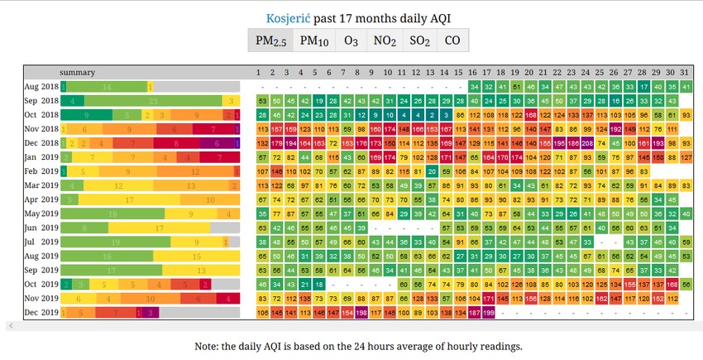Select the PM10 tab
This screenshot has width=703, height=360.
point(313,41)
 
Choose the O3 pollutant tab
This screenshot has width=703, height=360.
point(351,41)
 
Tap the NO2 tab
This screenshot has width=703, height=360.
point(385,41)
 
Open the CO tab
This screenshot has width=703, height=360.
point(452,41)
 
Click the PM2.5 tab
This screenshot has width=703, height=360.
point(270,41)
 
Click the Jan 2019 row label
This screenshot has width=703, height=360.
point(41,157)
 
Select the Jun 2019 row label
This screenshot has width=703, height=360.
point(41,228)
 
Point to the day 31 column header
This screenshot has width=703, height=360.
point(685,72)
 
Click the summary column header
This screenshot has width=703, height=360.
point(77,72)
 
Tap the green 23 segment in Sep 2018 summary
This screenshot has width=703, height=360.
point(153,101)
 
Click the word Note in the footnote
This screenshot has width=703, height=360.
point(209,345)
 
